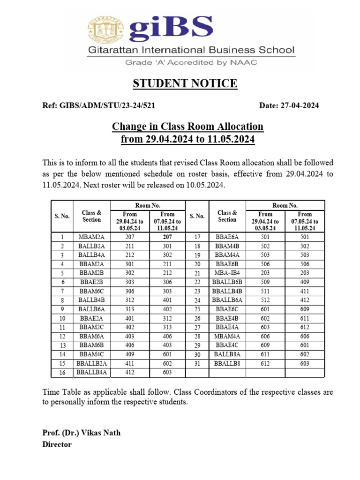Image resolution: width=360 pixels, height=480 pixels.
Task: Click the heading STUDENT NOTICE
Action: pyautogui.click(x=185, y=84)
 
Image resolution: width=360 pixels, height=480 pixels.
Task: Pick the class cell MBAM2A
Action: pyautogui.click(x=91, y=237)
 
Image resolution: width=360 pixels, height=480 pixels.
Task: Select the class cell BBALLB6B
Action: pyautogui.click(x=227, y=282)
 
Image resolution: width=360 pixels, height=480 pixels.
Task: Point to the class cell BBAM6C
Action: pyautogui.click(x=91, y=291)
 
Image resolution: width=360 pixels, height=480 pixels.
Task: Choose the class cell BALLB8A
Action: pyautogui.click(x=227, y=354)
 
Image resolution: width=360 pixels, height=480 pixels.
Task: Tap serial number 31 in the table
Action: pyautogui.click(x=197, y=363)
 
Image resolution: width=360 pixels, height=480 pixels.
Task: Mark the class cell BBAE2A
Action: pyautogui.click(x=91, y=318)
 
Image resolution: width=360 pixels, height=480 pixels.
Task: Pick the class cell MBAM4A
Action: pyautogui.click(x=227, y=336)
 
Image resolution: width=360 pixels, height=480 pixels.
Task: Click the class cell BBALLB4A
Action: pyautogui.click(x=91, y=373)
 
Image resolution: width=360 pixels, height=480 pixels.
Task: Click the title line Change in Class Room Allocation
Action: pyautogui.click(x=187, y=127)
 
